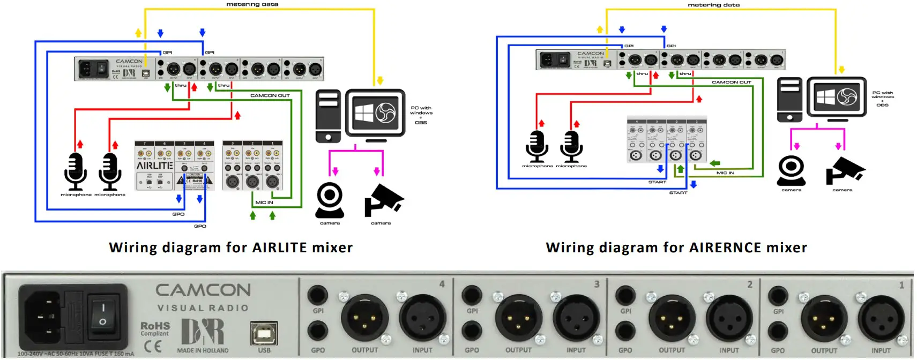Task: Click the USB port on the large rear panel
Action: click(264, 333)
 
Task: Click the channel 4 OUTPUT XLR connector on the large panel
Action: click(364, 318)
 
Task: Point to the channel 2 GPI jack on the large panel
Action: click(625, 295)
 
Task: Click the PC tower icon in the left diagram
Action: click(328, 116)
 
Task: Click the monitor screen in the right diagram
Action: click(837, 97)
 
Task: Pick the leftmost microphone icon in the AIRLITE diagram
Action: click(76, 171)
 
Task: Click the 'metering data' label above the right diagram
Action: click(713, 5)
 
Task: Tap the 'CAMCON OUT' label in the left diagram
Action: click(270, 95)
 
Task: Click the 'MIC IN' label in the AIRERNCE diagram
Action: click(725, 173)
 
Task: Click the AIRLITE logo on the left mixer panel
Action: click(154, 166)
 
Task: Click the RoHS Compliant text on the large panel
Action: click(155, 329)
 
